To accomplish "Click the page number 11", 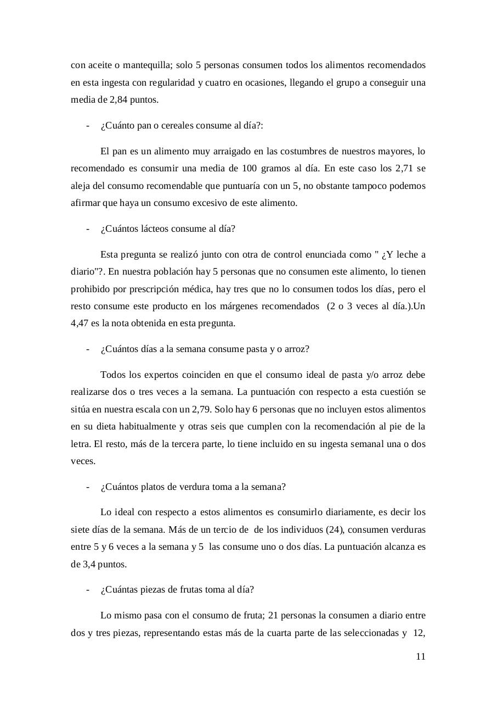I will click(x=421, y=656).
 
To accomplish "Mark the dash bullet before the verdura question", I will click(x=88, y=487).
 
